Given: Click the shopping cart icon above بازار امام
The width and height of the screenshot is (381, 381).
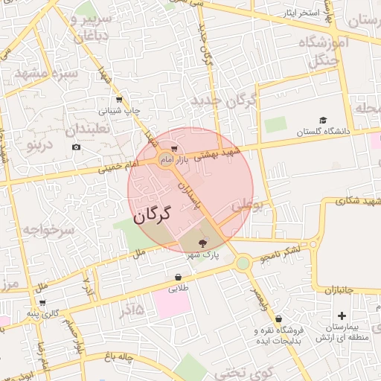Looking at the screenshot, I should [x=173, y=149].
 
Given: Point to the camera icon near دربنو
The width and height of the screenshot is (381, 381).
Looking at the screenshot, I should [x=76, y=147].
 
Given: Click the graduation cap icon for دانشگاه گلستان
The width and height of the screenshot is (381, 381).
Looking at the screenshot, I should [x=323, y=121].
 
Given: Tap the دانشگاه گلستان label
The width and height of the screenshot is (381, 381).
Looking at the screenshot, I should [x=323, y=132].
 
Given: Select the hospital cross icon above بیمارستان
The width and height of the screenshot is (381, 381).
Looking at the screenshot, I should [x=341, y=316].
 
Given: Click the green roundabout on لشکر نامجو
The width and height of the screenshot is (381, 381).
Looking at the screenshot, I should [x=243, y=263].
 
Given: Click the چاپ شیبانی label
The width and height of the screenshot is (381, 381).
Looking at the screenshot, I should [x=119, y=110].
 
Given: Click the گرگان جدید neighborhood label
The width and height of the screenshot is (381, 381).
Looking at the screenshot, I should [x=223, y=100].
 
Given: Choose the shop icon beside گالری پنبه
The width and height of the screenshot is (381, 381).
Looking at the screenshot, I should [x=42, y=303].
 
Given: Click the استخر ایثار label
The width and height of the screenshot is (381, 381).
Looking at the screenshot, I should [x=301, y=14].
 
